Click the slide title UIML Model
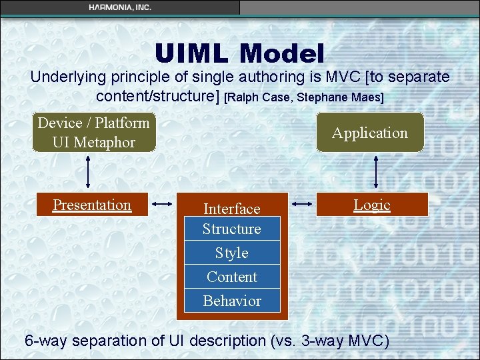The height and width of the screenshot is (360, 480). click(239, 53)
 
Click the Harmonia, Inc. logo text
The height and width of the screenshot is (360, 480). click(120, 7)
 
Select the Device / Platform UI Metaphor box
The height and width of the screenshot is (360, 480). click(93, 133)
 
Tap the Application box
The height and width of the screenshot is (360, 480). click(369, 133)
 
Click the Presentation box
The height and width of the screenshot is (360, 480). click(92, 205)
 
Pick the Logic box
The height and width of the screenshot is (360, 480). click(371, 205)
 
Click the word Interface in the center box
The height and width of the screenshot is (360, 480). click(231, 209)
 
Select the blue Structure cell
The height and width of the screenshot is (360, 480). click(232, 229)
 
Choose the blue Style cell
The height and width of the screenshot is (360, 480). click(232, 253)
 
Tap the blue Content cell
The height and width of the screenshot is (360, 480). click(232, 277)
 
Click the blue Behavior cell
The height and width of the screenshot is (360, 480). click(232, 301)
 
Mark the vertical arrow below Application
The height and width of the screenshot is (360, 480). click(377, 172)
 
